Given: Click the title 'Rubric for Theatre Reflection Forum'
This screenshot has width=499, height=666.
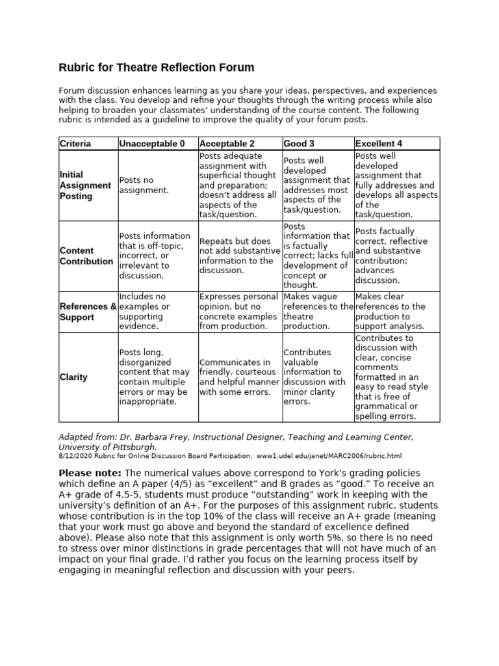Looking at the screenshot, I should (x=157, y=68).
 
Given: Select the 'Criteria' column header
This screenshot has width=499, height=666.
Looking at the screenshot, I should (x=75, y=143).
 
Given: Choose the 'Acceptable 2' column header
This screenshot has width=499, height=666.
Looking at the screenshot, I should (x=227, y=143).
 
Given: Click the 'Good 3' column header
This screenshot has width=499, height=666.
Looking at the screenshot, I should (x=299, y=143).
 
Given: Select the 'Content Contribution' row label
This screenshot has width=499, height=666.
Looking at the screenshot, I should (x=86, y=256).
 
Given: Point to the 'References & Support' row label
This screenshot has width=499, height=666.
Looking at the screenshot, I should (x=88, y=312).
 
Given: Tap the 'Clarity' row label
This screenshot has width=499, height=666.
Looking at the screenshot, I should (x=73, y=377).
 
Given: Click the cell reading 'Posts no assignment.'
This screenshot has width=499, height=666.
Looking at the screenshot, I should (x=144, y=185).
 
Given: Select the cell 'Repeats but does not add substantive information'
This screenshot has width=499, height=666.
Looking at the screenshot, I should (x=239, y=256).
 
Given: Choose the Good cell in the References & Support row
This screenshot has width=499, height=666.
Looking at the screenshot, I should (x=317, y=312).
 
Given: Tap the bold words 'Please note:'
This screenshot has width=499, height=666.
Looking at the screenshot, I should (x=90, y=472).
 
